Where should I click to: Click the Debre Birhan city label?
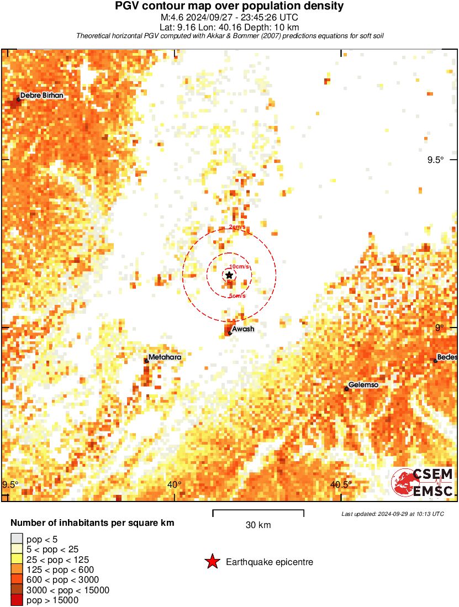41,96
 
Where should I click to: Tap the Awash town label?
243,330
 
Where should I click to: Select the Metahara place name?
165,357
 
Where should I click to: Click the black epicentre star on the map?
229,275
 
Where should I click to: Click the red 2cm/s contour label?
238,227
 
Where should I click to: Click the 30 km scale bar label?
258,525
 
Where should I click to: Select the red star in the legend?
212,562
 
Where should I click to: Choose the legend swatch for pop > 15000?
17,600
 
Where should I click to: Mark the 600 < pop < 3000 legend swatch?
17,580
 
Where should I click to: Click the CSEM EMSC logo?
423,482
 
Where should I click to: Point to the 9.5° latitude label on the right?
435,160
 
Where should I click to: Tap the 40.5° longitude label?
341,485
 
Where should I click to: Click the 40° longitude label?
175,485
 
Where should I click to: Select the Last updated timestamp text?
393,514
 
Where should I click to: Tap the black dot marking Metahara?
146,361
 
